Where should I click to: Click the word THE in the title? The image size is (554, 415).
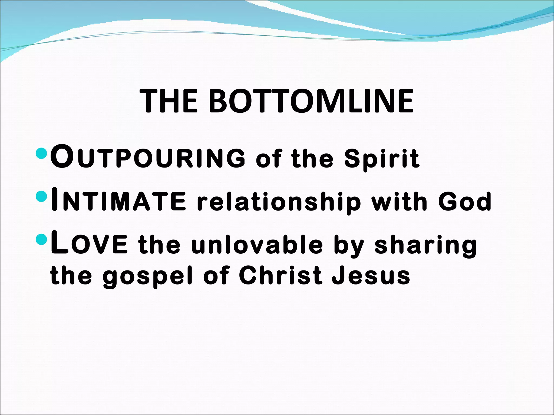pyautogui.click(x=169, y=101)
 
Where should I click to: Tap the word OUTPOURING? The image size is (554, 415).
pyautogui.click(x=148, y=158)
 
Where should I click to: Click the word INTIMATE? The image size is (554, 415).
pyautogui.click(x=118, y=201)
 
